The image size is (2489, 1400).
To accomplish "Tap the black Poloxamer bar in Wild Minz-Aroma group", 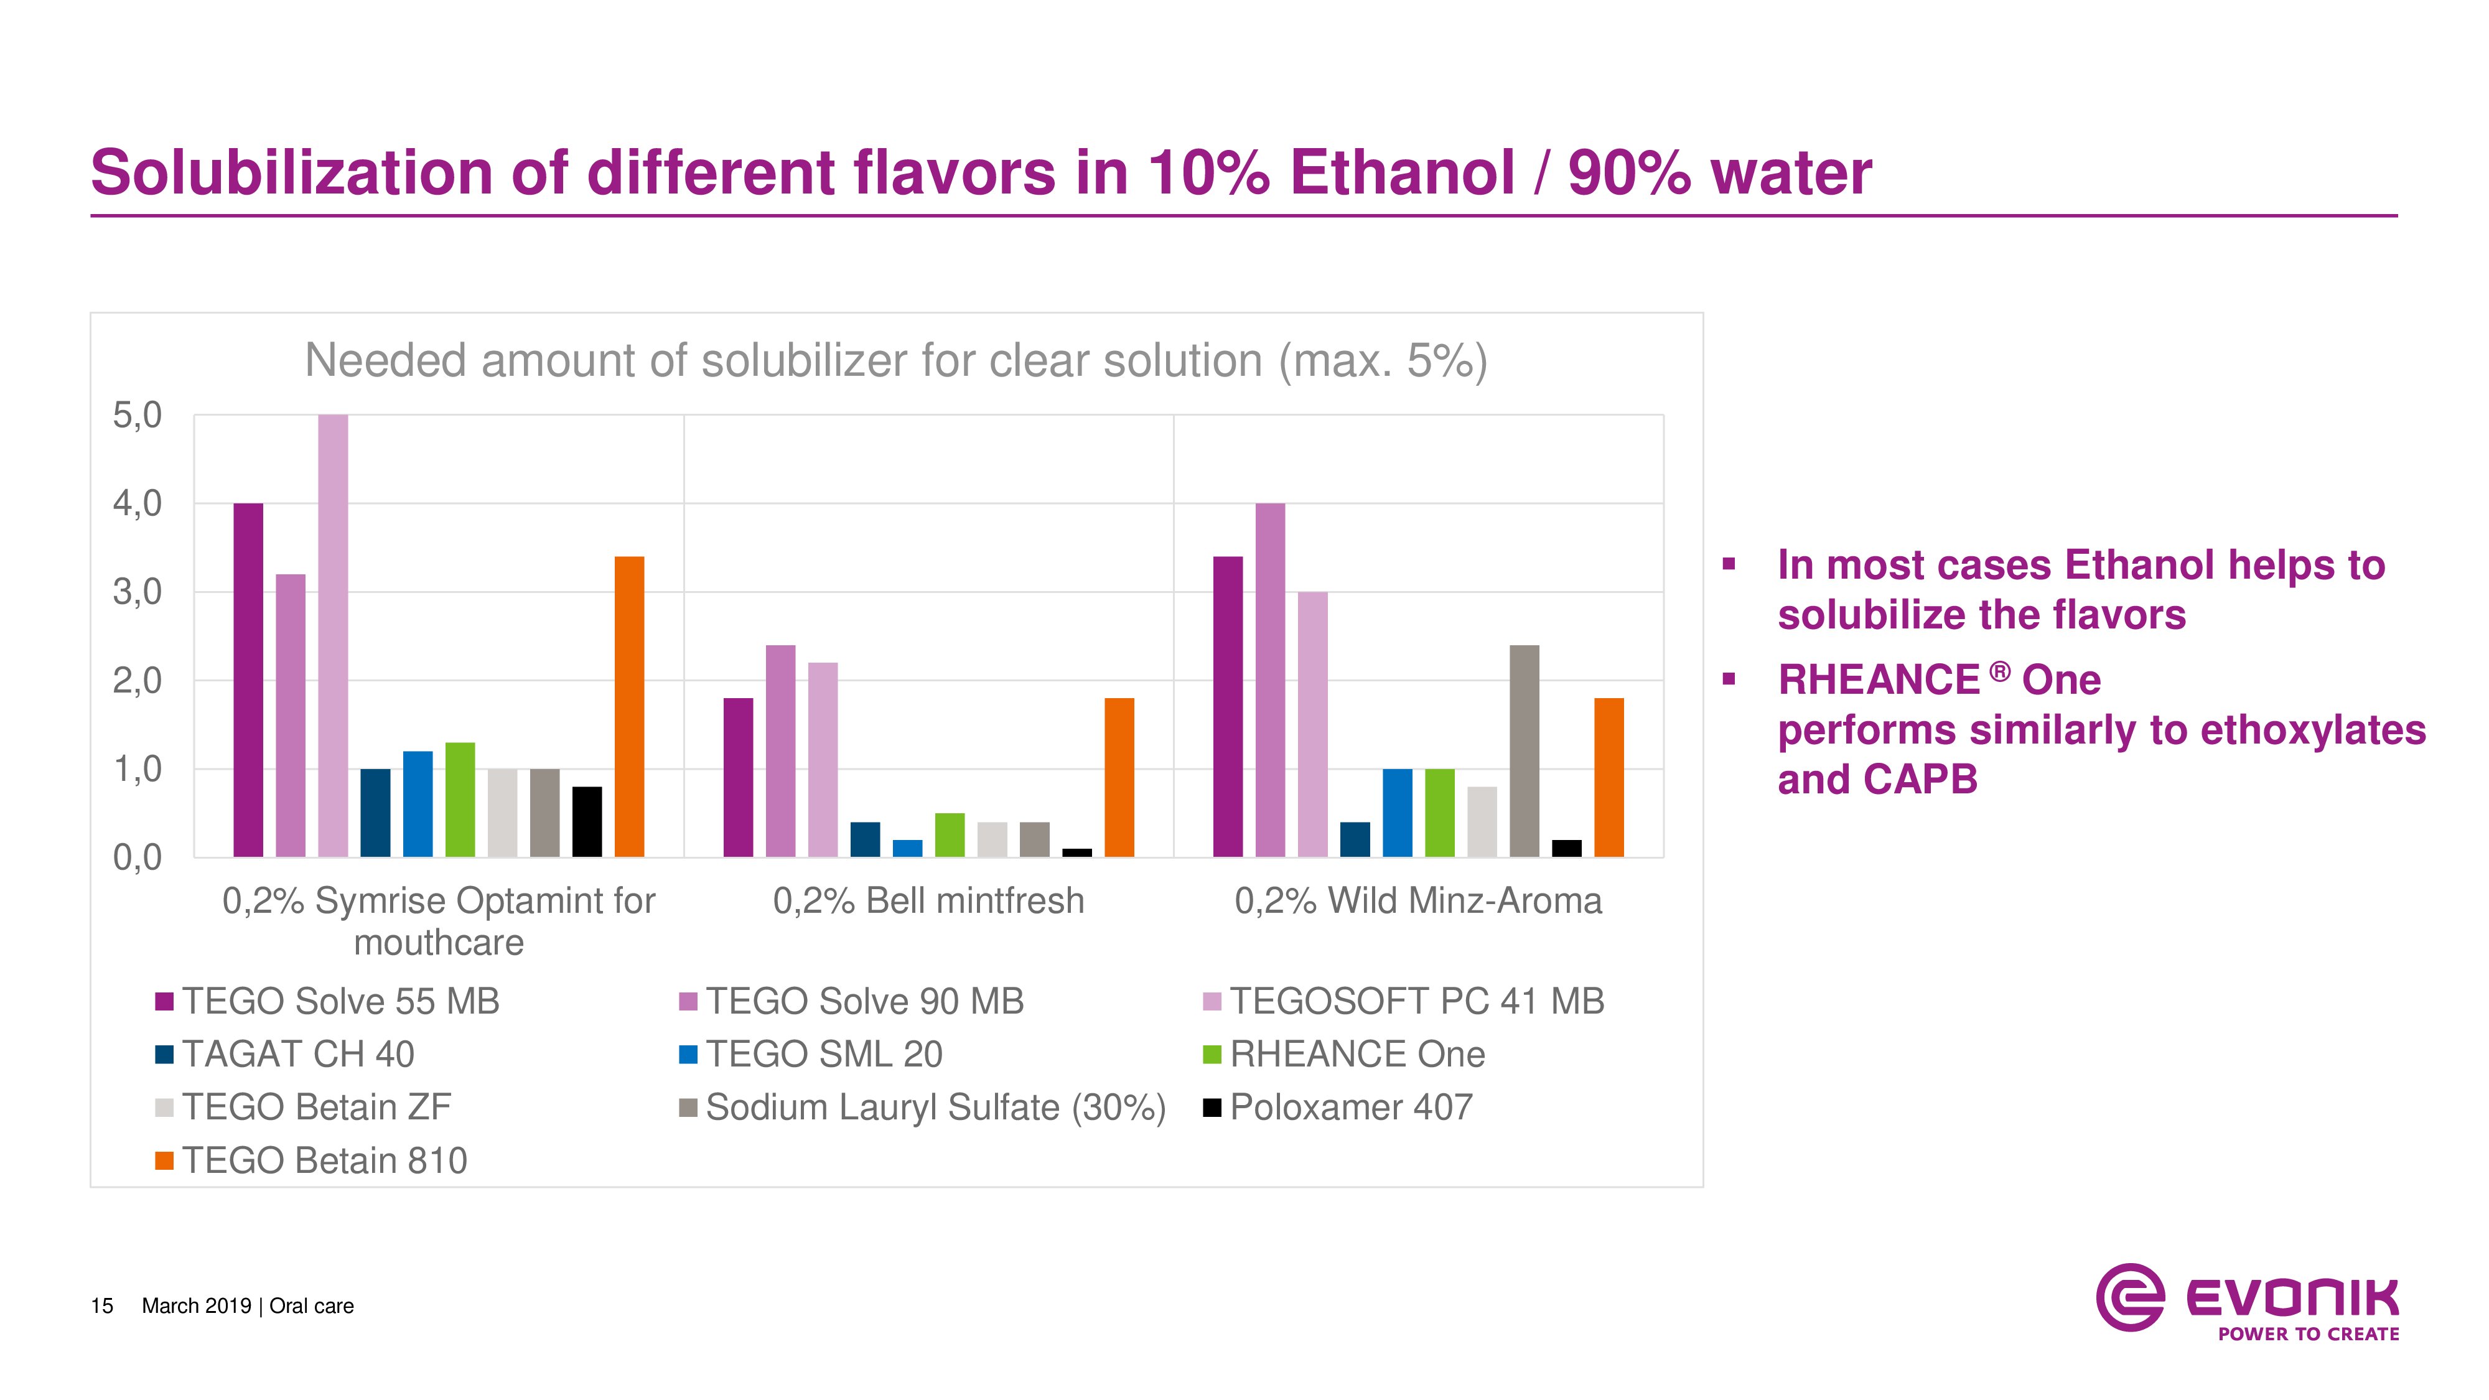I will (x=1566, y=848).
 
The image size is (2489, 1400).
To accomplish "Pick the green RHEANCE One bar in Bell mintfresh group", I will (x=950, y=835).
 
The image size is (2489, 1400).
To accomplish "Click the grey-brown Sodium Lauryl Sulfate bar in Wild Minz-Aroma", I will (x=1524, y=751).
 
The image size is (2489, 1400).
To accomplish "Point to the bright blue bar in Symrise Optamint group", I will (x=418, y=804).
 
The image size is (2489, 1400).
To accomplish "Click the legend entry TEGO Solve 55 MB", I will (x=327, y=1001).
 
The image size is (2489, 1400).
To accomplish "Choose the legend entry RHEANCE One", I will (x=1344, y=1054).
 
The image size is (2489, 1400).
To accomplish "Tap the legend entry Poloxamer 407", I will (x=1338, y=1108).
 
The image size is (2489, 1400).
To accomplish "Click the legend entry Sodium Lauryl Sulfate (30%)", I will (x=923, y=1108).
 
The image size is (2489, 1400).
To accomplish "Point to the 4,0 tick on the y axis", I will (x=137, y=503).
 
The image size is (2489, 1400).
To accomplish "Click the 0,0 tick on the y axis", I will (x=137, y=857).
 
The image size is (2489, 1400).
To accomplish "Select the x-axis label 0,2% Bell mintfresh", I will (x=928, y=900).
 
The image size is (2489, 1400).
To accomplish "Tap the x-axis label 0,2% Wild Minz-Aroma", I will (x=1417, y=900).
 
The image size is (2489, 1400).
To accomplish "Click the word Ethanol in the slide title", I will (x=1402, y=174).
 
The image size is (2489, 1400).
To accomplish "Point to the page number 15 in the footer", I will (x=101, y=1306).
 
